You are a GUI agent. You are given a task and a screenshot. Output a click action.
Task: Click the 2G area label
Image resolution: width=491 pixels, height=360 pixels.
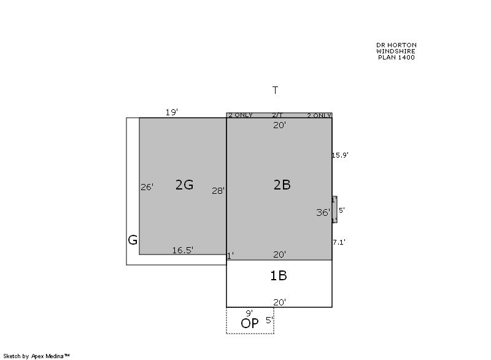click(x=184, y=185)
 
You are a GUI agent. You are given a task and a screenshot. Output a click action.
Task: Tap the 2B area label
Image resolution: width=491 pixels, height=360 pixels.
click(x=282, y=185)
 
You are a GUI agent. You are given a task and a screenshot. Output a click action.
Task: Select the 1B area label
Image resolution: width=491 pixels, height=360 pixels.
click(x=279, y=275)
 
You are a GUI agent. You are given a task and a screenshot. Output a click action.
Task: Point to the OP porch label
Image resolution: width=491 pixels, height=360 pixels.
click(x=250, y=323)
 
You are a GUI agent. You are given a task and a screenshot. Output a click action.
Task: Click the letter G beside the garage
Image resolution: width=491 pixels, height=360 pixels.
click(x=133, y=240)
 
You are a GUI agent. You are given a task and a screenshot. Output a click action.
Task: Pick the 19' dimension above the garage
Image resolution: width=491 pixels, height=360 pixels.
click(x=172, y=112)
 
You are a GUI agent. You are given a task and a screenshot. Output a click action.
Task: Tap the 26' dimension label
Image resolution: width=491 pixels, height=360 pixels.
click(x=147, y=187)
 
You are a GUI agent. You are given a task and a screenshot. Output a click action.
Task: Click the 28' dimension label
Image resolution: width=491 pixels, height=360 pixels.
click(x=218, y=191)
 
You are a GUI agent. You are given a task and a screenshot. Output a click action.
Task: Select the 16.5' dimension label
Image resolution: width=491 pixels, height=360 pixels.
click(x=182, y=250)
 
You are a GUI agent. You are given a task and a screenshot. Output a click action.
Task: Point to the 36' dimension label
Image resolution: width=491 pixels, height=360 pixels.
click(x=323, y=213)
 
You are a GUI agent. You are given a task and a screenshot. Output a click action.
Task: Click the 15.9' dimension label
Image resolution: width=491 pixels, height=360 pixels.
click(x=340, y=155)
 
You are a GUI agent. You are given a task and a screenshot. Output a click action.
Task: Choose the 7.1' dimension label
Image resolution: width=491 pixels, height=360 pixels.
click(x=339, y=242)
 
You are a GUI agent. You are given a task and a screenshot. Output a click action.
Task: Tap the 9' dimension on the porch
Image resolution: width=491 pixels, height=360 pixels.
click(x=249, y=313)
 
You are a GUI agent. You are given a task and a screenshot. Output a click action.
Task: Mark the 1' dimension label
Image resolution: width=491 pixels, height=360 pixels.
click(x=230, y=256)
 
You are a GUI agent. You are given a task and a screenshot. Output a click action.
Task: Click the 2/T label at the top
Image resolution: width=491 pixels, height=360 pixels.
click(x=277, y=115)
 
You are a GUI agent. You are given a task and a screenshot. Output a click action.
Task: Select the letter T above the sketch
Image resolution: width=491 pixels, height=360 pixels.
click(x=275, y=90)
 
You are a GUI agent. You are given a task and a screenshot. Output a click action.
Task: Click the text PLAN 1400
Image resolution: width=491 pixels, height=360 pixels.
click(x=396, y=57)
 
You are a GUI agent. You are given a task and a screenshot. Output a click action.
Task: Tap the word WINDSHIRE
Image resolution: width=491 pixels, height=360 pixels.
click(x=396, y=51)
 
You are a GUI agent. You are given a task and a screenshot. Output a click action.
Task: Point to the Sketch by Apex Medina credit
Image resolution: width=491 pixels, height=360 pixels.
click(x=36, y=356)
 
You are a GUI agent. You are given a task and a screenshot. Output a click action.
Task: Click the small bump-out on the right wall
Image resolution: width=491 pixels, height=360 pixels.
click(x=334, y=210)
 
